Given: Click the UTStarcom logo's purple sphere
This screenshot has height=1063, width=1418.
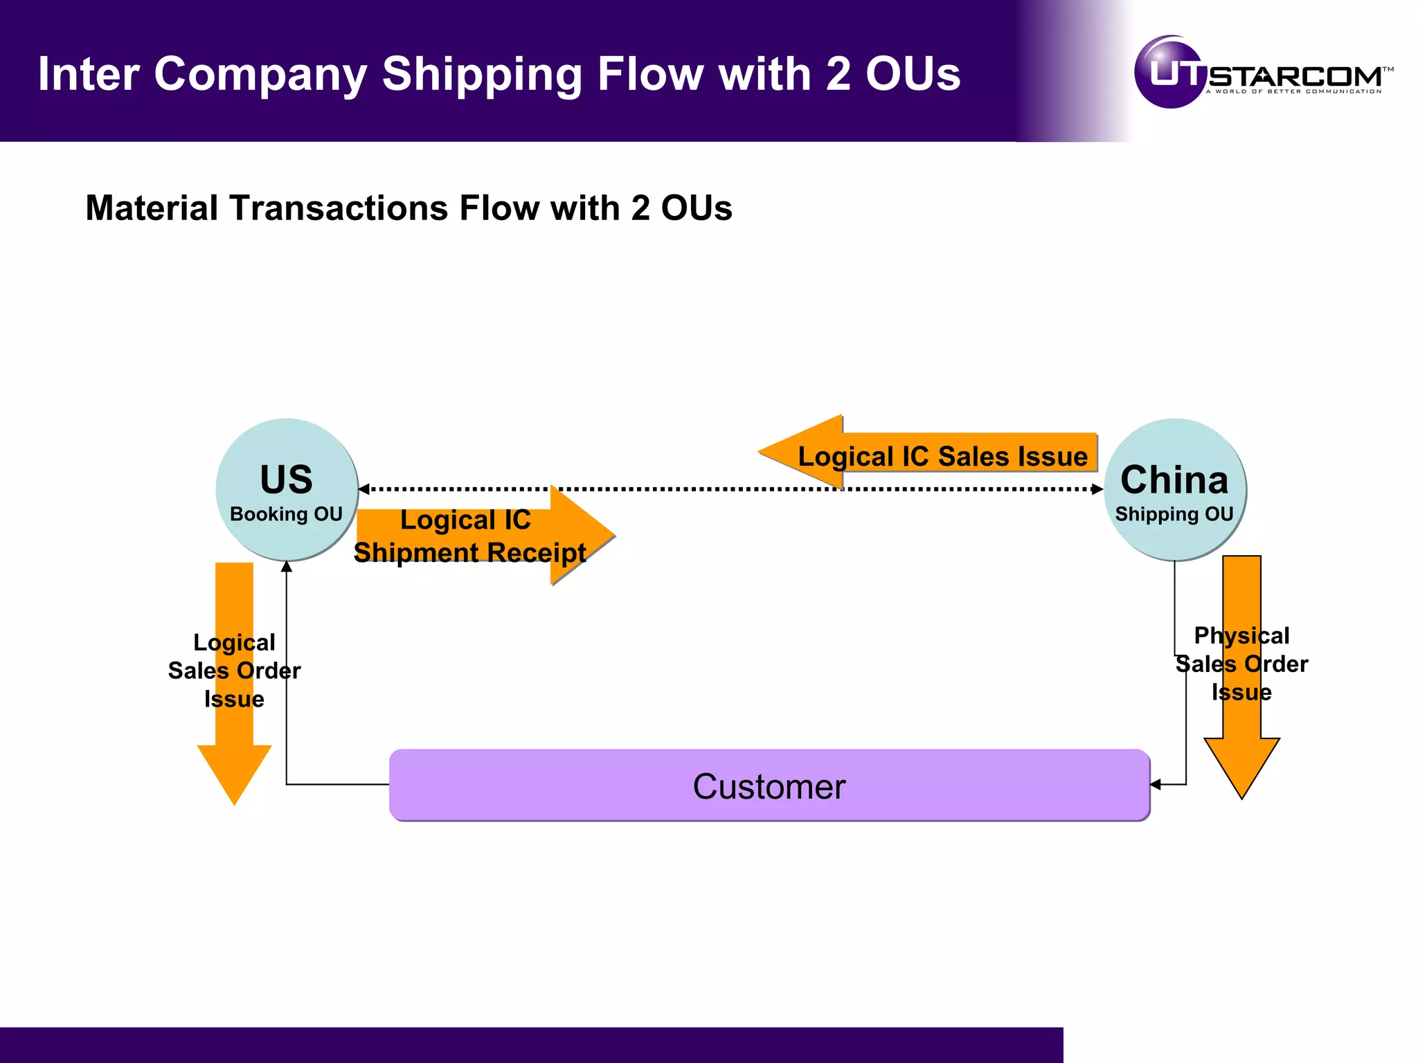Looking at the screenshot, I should point(1170,73).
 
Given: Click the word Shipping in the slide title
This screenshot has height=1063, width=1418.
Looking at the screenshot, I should point(482,74).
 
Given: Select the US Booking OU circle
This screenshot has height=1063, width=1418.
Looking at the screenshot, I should point(287,489).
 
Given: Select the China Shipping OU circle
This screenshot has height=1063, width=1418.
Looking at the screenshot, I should point(1174,489).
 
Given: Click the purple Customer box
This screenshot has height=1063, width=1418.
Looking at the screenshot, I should point(769,785).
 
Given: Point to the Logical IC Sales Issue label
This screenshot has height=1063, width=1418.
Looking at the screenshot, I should point(942,456).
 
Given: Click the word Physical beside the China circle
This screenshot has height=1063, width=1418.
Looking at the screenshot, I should point(1241,635).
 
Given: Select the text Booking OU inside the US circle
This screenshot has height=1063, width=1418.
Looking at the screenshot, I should point(286,514).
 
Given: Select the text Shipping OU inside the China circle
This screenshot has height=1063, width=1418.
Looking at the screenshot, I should point(1174,514).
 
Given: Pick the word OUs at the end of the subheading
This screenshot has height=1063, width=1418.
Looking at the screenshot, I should point(696,208).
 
